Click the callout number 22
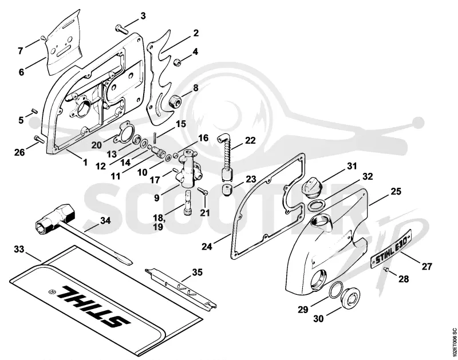tap(250, 140)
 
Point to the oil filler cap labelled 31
tap(311, 185)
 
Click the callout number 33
tap(19, 250)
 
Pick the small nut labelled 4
tap(177, 62)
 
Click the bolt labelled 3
tap(121, 29)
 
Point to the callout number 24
tap(207, 247)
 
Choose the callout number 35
tap(197, 272)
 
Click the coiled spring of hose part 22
tap(227, 156)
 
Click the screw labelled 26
tap(39, 139)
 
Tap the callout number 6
tap(21, 72)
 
